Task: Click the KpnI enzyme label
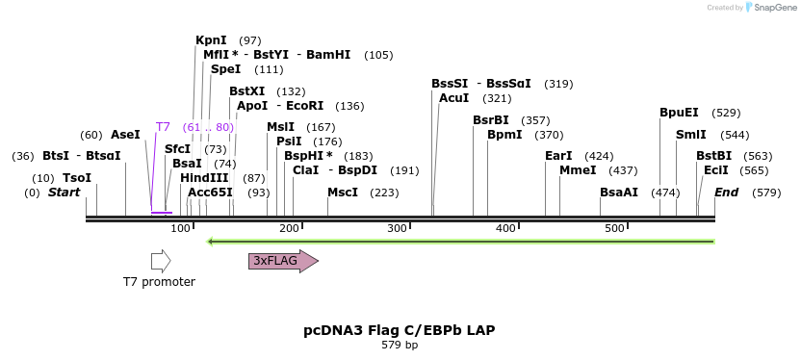[x=211, y=40]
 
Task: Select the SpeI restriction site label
[x=225, y=69]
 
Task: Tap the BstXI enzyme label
[x=246, y=91]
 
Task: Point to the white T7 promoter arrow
[x=161, y=261]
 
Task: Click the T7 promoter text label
[x=159, y=282]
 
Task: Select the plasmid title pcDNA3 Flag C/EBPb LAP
[x=400, y=330]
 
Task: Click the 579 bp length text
[x=400, y=345]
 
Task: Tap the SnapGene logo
[x=770, y=8]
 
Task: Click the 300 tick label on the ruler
[x=397, y=228]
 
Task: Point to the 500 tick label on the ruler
[x=614, y=228]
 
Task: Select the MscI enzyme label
[x=343, y=193]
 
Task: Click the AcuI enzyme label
[x=453, y=98]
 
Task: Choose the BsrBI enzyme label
[x=491, y=120]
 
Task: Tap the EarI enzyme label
[x=558, y=156]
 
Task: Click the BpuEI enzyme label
[x=680, y=113]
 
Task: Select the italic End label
[x=726, y=193]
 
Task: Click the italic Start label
[x=64, y=193]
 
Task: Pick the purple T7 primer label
[x=163, y=127]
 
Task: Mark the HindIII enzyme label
[x=204, y=178]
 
